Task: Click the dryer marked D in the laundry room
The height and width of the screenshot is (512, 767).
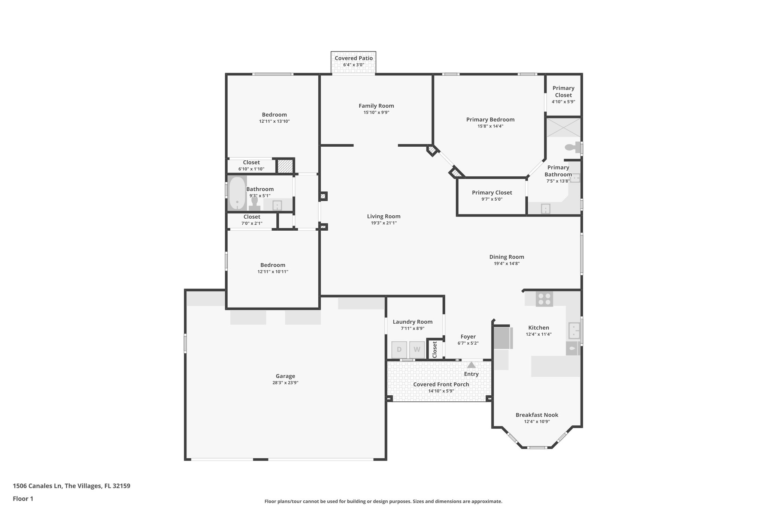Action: [x=399, y=350]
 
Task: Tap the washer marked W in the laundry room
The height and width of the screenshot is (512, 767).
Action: [x=417, y=350]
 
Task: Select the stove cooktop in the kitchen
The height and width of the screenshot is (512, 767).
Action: [x=544, y=299]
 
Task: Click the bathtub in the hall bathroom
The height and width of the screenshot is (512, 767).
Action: [x=237, y=194]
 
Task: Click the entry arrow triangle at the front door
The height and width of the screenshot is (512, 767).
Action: [x=471, y=365]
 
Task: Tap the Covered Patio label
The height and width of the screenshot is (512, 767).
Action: [x=354, y=58]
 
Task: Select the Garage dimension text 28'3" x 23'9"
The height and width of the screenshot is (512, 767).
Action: [x=285, y=383]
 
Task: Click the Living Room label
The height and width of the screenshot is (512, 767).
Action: [x=383, y=216]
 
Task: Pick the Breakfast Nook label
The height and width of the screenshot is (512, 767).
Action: [x=537, y=415]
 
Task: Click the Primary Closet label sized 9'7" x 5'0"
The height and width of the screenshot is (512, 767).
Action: [x=492, y=192]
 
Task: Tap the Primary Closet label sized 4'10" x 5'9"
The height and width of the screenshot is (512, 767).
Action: [x=563, y=91]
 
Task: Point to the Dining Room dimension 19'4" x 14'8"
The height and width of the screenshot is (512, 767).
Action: [x=506, y=263]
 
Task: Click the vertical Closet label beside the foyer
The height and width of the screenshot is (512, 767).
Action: [x=434, y=349]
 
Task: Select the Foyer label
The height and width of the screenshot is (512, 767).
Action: [x=468, y=336]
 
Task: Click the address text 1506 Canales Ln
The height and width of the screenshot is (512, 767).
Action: [x=37, y=486]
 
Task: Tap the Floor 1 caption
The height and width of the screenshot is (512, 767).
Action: [x=23, y=498]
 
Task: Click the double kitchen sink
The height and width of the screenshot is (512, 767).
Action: [x=574, y=330]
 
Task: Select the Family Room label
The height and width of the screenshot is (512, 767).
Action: [x=376, y=106]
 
